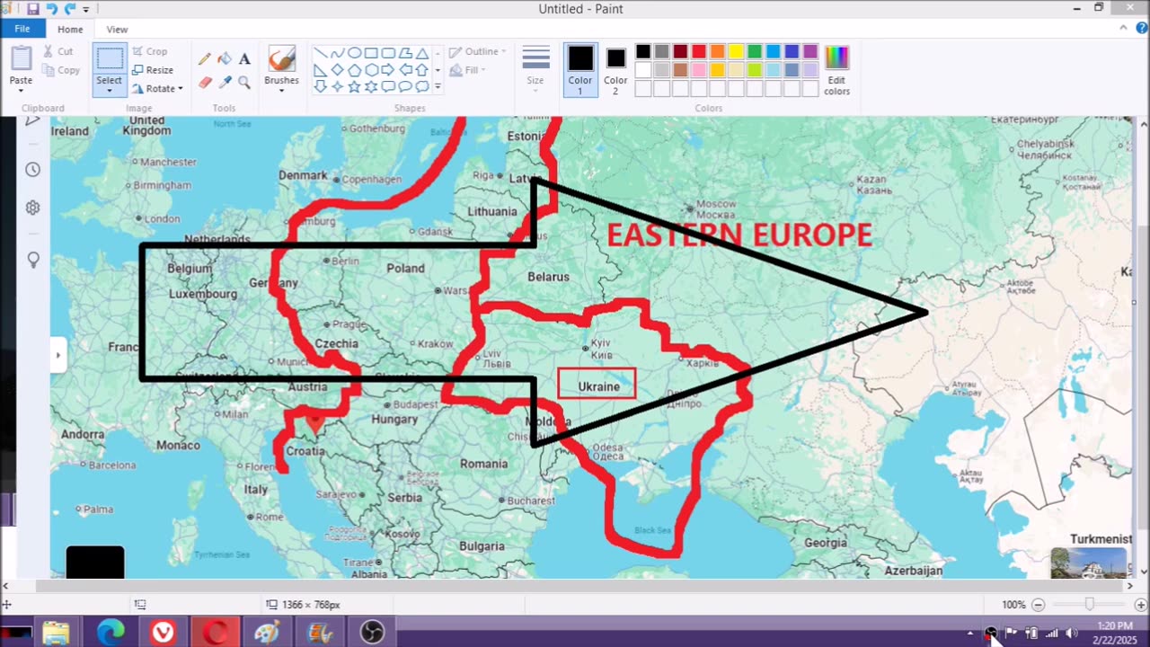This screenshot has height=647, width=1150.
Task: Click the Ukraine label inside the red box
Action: point(598,386)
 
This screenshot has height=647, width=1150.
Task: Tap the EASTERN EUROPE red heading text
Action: point(739,235)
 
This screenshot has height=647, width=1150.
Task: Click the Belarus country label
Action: point(548,277)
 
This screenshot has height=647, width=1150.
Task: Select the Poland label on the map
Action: point(405,268)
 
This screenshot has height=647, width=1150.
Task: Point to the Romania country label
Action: point(483,464)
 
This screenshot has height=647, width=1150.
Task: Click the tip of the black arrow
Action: point(925,313)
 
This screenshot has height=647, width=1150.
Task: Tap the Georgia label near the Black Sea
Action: point(825,543)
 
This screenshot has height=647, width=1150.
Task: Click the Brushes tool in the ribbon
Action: point(281,67)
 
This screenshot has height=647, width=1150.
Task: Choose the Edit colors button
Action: point(836,70)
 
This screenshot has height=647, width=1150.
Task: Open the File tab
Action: point(22,29)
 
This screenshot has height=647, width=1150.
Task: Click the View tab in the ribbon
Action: point(117,30)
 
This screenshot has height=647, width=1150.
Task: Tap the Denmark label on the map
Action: point(303,175)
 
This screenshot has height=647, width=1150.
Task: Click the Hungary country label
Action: point(394,419)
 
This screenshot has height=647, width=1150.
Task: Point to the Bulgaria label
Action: point(482,545)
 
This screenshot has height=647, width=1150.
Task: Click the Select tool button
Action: point(110,67)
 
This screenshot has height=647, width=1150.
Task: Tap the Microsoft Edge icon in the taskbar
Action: point(111,632)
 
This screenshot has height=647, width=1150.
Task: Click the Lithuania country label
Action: point(492,212)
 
